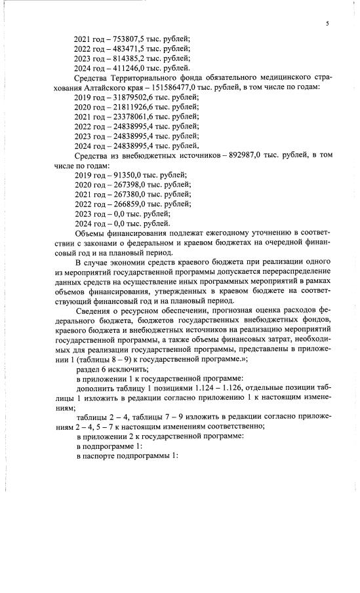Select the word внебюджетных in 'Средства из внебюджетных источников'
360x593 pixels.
pos(151,155)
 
